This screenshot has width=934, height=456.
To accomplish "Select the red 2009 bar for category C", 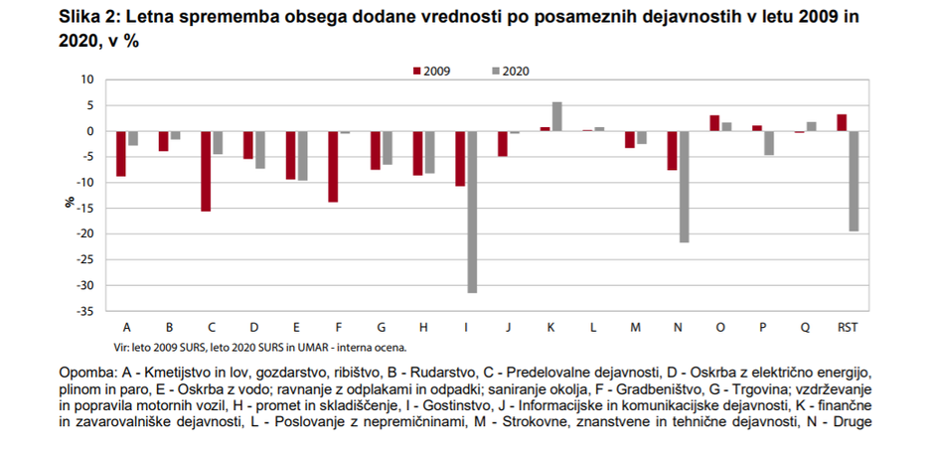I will click(206, 171).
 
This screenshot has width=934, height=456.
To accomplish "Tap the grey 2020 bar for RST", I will click(853, 181).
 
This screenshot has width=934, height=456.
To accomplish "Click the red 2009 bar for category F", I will click(333, 166).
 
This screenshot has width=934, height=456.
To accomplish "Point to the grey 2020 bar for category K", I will click(556, 116).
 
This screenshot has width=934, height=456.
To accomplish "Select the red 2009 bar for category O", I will click(714, 123).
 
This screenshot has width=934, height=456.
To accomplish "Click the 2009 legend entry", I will click(430, 71).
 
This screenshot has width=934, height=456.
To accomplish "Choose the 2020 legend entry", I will click(510, 71).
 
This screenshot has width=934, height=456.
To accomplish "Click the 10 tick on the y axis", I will click(86, 79).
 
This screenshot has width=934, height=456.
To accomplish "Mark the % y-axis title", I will click(70, 201).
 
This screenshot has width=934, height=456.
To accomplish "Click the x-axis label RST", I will click(848, 326).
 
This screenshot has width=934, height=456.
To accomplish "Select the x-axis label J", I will click(507, 326).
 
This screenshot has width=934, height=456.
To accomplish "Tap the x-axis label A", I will click(127, 326).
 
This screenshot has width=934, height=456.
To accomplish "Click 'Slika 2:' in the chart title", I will click(90, 17).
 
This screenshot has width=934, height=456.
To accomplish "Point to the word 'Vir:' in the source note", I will click(124, 348).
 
